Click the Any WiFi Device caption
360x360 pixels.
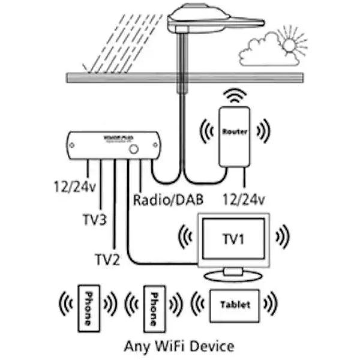(x=179, y=347)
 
